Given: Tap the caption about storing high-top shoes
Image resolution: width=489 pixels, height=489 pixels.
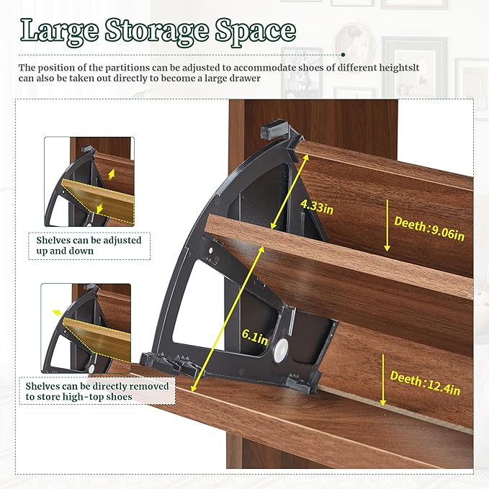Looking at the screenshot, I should point(97,391).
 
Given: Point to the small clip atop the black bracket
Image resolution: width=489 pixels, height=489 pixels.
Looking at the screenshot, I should point(270,131).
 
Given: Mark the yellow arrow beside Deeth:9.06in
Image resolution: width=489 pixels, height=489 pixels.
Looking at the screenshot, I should point(386,230).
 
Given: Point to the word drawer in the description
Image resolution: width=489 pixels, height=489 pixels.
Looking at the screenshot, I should point(243,78).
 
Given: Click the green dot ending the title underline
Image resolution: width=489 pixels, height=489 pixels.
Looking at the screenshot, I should point(343,54).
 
